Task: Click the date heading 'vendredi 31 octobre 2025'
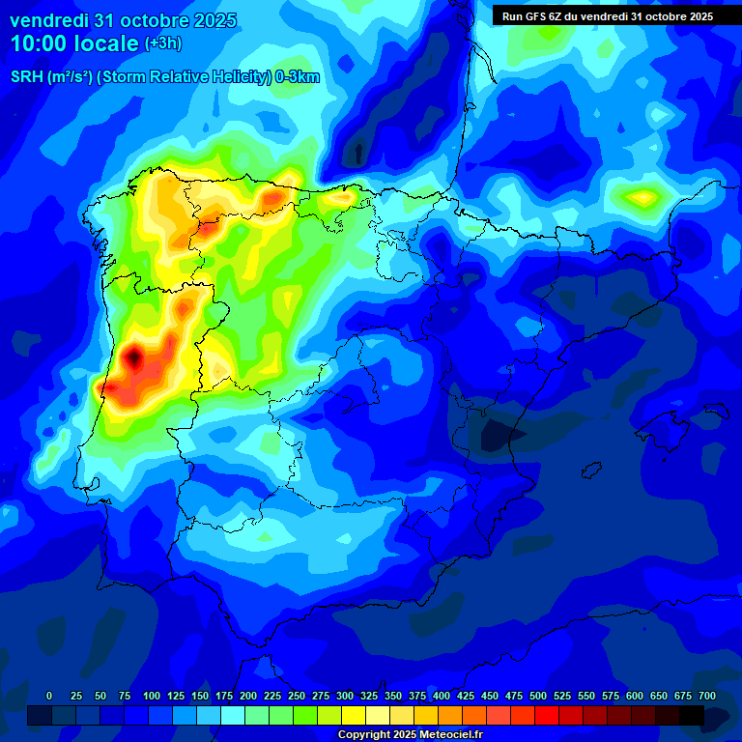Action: point(123,20)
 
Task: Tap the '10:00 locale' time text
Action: point(74,43)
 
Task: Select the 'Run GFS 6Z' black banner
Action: point(608,16)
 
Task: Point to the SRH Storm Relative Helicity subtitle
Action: point(164,77)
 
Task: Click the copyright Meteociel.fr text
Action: point(409,735)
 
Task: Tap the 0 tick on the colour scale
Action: point(49,696)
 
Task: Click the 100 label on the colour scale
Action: point(152,696)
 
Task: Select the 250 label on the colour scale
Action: point(297,696)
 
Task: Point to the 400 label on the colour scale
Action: point(442,696)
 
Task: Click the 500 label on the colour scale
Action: point(538,696)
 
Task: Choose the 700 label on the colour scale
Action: point(707,696)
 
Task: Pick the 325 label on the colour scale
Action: point(369,696)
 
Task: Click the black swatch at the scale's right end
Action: point(692,715)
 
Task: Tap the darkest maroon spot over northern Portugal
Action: point(134,357)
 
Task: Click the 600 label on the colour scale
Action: point(635,696)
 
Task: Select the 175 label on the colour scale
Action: point(224,696)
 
